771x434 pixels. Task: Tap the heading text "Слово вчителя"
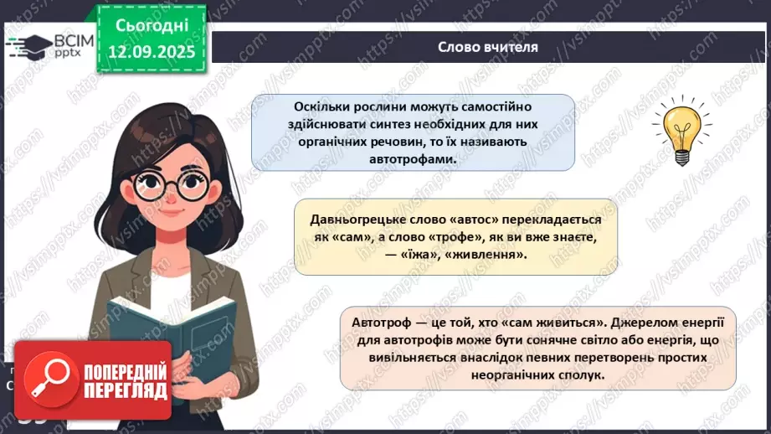[x=487, y=47]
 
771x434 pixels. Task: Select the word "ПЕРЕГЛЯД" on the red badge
[x=128, y=390]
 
